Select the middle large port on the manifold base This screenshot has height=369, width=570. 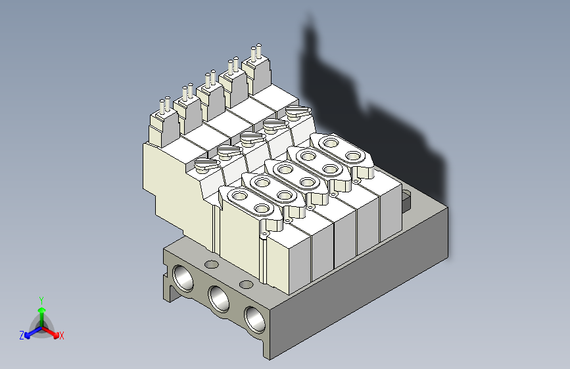(x=219, y=299)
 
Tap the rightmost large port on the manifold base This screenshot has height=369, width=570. (x=255, y=318)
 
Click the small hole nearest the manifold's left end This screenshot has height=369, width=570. (x=211, y=265)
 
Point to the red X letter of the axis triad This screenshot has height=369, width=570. (x=62, y=336)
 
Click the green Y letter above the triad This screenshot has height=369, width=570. (x=41, y=299)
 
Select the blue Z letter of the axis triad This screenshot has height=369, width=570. (x=22, y=336)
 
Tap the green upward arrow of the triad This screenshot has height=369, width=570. (x=41, y=311)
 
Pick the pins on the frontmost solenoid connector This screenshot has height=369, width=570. (x=164, y=105)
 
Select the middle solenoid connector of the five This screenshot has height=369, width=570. (x=210, y=79)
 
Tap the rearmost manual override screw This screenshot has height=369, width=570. (x=297, y=112)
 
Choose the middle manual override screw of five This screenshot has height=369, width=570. (x=251, y=139)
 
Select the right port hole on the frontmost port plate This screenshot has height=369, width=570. (x=262, y=209)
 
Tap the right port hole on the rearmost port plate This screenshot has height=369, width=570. (x=354, y=156)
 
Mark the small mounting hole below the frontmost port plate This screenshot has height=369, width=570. (x=264, y=234)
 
